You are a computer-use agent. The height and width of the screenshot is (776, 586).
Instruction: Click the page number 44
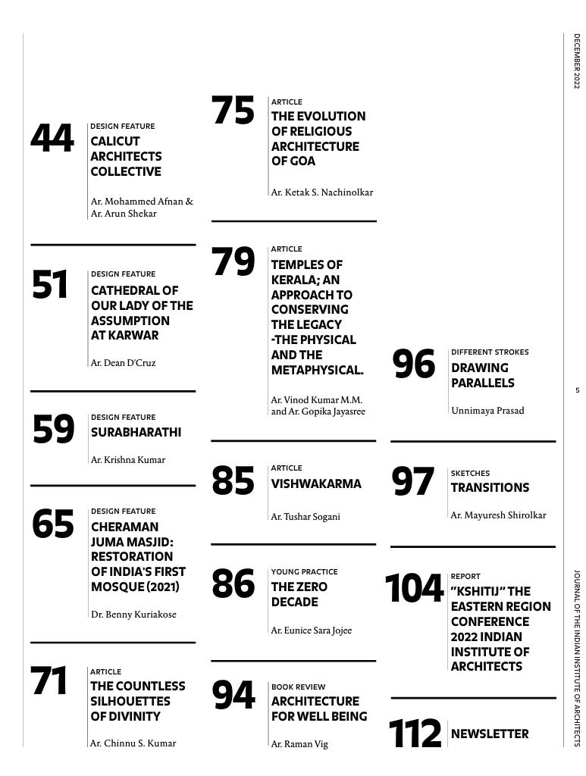52,139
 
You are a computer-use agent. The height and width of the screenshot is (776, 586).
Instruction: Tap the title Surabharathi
136,433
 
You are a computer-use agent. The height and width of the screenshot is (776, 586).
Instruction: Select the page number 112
415,733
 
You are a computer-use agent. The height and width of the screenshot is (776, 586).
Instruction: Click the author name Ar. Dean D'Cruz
123,363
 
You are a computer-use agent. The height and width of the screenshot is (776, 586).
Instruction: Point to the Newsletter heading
490,734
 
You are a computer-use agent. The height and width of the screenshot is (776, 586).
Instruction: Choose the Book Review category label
298,687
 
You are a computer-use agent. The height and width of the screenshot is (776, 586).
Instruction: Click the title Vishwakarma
316,483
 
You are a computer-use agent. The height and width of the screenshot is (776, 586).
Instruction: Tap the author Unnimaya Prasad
487,411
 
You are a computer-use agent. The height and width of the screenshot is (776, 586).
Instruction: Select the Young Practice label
304,571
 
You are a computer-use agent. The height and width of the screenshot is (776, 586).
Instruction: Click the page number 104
414,589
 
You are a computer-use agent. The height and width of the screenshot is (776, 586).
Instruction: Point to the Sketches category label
470,473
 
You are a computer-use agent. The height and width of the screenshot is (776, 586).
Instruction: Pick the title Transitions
490,487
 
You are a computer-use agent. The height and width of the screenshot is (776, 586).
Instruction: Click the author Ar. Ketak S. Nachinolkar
322,192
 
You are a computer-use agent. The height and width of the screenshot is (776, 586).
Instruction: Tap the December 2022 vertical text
576,61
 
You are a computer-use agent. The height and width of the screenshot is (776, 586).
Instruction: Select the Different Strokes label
490,352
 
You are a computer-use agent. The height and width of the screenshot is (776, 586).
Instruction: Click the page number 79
233,262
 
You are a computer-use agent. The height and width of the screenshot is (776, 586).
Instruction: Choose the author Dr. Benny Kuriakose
133,615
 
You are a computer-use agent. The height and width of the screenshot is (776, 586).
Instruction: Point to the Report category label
465,576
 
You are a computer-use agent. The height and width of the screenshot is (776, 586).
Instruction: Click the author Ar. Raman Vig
299,744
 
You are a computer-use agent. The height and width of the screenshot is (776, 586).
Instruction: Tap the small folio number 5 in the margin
577,390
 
